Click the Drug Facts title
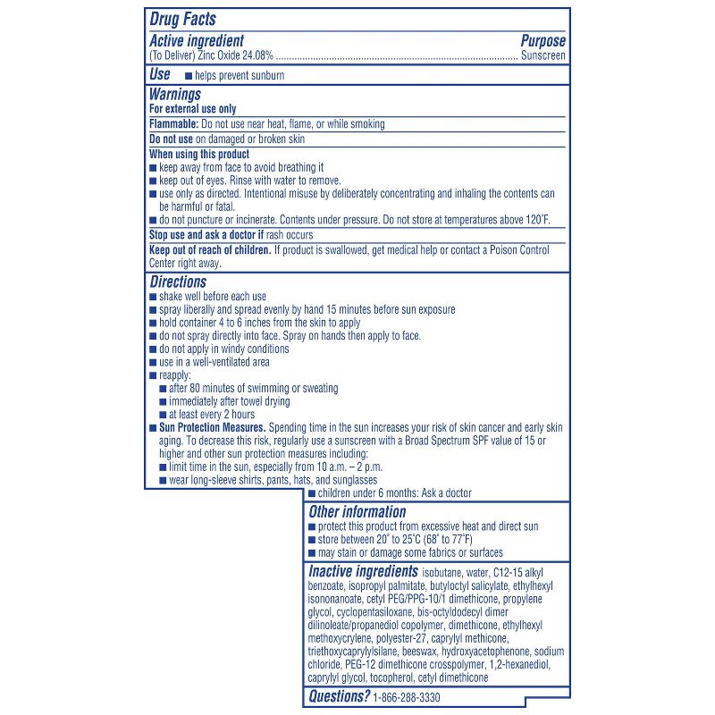tap(182, 19)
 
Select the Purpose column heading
tap(543, 41)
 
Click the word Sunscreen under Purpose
tap(543, 55)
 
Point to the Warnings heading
tap(175, 94)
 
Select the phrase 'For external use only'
tap(193, 108)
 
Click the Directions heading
tap(179, 282)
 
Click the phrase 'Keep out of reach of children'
tap(210, 250)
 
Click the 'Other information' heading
tap(357, 512)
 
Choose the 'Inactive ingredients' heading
tap(363, 571)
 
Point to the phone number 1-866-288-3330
tap(408, 697)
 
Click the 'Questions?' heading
tap(339, 696)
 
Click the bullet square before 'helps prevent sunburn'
tap(188, 76)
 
